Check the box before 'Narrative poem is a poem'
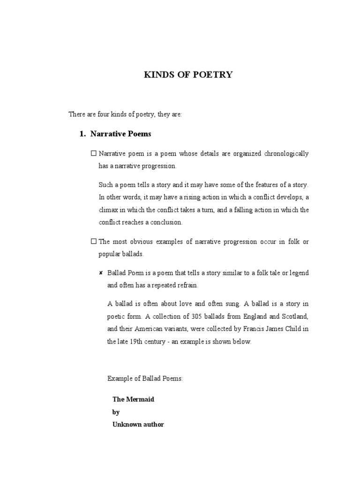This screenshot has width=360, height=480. click(93, 153)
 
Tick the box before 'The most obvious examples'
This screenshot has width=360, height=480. click(93, 241)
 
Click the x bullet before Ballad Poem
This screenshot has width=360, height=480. click(101, 273)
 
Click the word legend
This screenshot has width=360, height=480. click(299, 273)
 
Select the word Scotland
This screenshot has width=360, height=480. click(294, 317)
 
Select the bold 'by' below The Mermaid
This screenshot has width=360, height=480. click(116, 412)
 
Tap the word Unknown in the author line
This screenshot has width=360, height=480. click(126, 425)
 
